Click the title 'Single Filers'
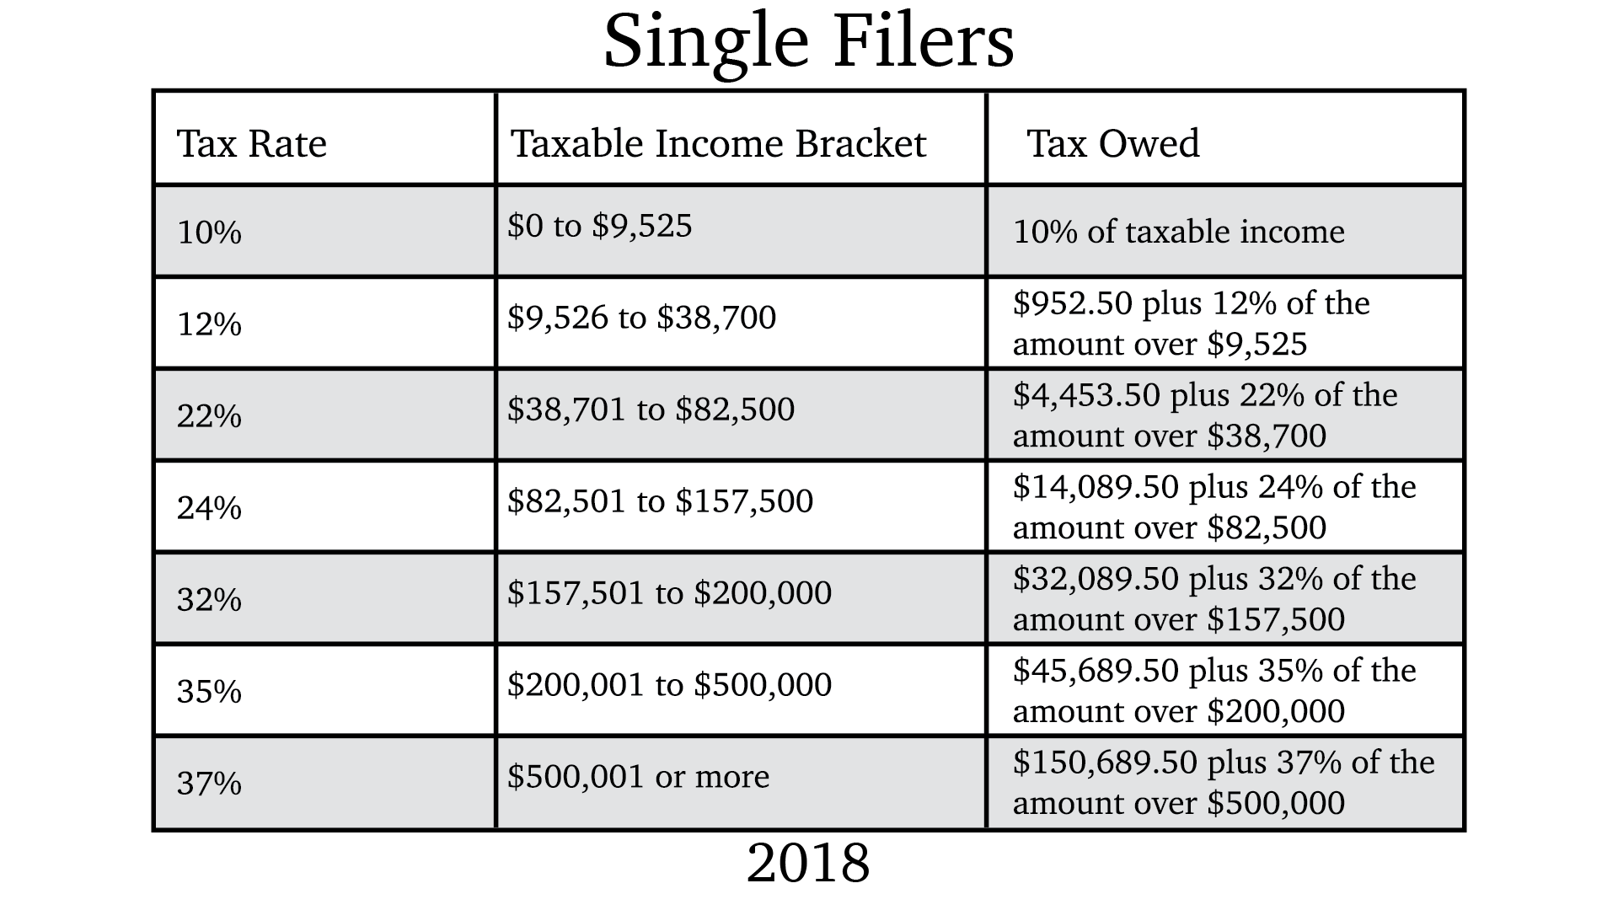809,42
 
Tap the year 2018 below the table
808,863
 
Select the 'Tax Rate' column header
251,143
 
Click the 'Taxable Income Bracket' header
718,143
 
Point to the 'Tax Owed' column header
1112,143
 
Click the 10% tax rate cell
209,233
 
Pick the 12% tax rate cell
209,324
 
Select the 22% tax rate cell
209,416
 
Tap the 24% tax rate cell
209,508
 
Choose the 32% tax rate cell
209,600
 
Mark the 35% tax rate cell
209,692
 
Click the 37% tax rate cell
209,784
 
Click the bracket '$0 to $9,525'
599,226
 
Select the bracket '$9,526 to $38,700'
641,318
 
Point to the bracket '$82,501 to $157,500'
660,501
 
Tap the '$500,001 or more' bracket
638,777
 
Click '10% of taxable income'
1178,233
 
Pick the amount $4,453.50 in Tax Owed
1086,395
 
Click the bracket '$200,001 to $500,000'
669,685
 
